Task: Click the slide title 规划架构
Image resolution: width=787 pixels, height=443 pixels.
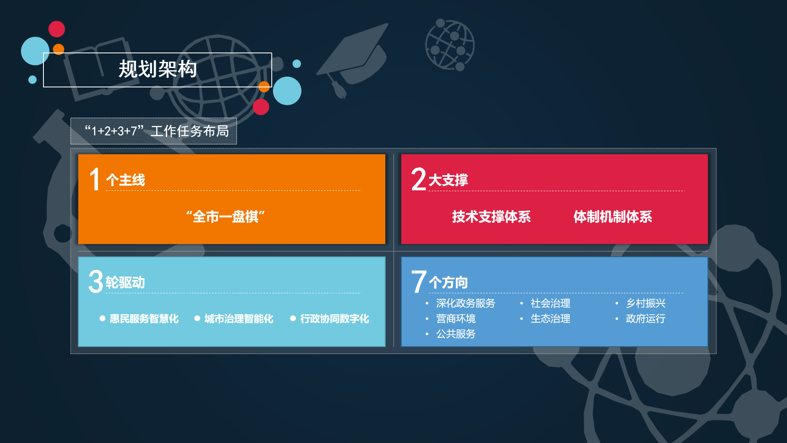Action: (158, 69)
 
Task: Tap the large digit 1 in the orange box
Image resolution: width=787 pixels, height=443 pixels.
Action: (95, 179)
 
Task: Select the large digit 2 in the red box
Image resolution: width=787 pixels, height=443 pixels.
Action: (419, 179)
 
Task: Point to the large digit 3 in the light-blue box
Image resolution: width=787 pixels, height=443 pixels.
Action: (96, 281)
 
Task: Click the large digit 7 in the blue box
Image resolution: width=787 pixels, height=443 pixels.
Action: (419, 281)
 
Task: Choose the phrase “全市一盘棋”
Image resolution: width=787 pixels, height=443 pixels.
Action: (225, 217)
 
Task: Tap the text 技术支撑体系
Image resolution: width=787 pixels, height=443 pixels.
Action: (491, 217)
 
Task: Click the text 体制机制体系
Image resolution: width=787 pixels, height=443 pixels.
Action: (613, 217)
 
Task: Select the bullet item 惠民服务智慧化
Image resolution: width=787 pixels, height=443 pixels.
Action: (144, 319)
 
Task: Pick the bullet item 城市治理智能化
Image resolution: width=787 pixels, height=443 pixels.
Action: (239, 319)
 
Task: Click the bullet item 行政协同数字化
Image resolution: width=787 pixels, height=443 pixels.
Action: (334, 319)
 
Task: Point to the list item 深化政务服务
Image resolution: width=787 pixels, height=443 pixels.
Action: (466, 303)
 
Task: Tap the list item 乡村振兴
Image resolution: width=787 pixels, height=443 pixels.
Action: (646, 303)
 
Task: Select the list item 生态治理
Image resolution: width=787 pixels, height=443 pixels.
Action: (550, 319)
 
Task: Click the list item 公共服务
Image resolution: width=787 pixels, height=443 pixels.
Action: (456, 334)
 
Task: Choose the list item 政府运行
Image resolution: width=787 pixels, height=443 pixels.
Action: (646, 319)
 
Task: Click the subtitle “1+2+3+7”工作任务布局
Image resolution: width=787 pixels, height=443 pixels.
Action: (157, 131)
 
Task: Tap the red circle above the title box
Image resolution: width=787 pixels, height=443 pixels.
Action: (57, 29)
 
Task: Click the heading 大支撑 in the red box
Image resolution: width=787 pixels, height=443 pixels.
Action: (448, 180)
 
